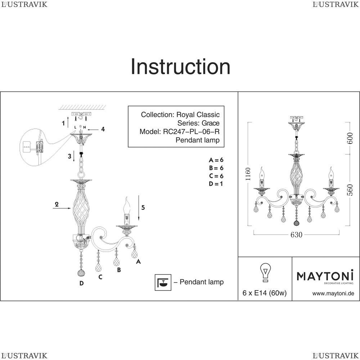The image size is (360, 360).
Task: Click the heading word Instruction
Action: tap(180, 67)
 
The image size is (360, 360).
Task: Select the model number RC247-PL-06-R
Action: tap(191, 131)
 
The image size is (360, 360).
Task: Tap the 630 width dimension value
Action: tap(296, 235)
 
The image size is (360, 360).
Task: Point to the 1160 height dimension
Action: tap(248, 174)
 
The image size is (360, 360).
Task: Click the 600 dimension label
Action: tap(350, 138)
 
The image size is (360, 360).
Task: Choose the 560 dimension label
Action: tap(350, 190)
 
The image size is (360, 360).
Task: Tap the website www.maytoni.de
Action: tap(333, 293)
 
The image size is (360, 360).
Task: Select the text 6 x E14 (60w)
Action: tap(265, 293)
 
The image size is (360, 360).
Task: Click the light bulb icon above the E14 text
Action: tap(265, 272)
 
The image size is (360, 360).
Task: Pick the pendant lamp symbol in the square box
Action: tap(163, 282)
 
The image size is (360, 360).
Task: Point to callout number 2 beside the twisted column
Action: tap(57, 204)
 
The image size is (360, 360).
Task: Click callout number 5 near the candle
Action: tap(143, 208)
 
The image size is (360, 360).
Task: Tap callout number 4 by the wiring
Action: tap(103, 129)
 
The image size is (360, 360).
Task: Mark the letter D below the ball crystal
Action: tap(81, 284)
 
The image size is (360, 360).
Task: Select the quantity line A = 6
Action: tap(216, 160)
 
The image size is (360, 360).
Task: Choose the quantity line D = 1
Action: tap(216, 184)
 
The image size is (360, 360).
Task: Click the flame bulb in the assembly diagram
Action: tap(126, 205)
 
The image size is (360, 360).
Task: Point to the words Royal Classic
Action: tap(198, 114)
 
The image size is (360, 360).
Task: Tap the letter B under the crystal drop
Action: tap(119, 270)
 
